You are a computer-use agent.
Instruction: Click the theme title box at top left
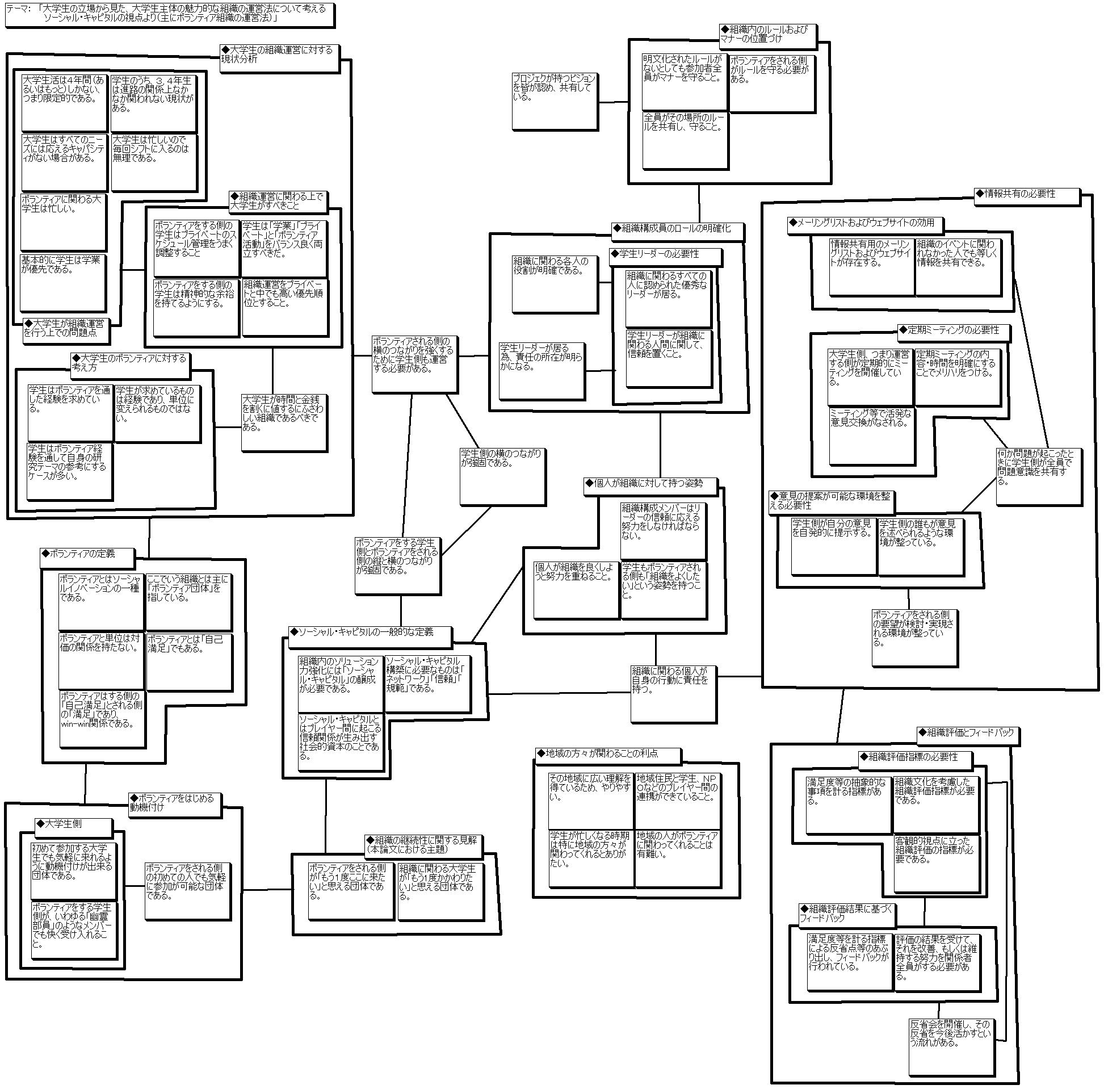tap(170, 15)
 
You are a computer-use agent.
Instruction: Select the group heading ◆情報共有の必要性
tap(1027, 195)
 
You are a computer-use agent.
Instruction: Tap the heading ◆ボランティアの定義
tap(87, 557)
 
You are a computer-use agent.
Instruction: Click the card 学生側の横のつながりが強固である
tap(502, 476)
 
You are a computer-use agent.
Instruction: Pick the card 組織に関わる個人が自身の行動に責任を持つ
tap(673, 693)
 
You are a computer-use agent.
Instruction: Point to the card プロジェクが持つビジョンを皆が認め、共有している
tap(555, 100)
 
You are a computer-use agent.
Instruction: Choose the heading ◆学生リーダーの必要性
tap(665, 256)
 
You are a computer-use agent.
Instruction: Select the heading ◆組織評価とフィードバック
tap(967, 735)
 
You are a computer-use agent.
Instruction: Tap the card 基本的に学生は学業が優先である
tap(63, 282)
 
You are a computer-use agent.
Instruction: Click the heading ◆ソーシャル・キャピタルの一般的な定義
tap(369, 635)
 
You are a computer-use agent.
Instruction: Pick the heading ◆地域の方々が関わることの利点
tap(607, 756)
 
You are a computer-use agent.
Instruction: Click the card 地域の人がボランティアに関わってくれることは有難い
tap(677, 857)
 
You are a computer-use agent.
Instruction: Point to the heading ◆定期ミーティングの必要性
tap(952, 332)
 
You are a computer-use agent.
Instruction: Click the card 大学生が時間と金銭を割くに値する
tap(284, 422)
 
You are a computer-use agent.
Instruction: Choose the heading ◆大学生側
tap(66, 825)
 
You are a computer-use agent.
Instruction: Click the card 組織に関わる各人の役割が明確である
tap(555, 283)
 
